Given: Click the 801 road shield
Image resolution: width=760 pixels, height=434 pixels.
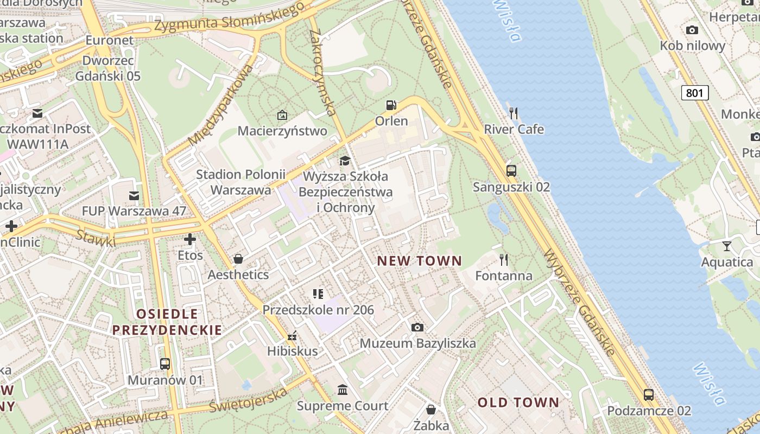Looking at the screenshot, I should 694,93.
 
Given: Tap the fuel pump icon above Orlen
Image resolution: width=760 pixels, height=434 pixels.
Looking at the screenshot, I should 391,105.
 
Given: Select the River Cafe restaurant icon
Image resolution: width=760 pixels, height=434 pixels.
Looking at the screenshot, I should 514,113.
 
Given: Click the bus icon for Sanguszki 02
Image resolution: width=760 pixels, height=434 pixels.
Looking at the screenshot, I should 511,171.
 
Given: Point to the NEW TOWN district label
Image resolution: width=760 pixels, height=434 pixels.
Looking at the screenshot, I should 419,261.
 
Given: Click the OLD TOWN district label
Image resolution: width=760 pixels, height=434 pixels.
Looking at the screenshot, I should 518,403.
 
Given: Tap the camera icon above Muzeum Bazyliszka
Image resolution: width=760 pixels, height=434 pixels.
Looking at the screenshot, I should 417,327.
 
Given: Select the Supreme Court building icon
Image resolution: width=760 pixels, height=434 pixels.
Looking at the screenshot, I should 343,390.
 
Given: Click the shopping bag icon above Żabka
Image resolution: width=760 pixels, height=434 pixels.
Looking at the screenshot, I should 431,409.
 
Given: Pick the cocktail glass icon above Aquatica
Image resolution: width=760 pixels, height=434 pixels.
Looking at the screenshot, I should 727,246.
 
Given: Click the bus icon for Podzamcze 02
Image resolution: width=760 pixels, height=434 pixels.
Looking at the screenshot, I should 649,394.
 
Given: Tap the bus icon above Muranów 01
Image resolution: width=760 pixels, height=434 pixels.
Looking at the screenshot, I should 165,364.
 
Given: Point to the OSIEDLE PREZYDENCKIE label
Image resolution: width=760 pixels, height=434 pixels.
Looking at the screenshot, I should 167,322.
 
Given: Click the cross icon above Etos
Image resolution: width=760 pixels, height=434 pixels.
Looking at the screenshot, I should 190,239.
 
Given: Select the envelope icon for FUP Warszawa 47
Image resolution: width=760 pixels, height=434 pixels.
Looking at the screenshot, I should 134,195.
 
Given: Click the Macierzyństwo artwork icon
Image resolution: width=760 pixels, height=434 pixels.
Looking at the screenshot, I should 282,115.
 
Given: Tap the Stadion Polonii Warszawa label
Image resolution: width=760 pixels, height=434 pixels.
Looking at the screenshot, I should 240,182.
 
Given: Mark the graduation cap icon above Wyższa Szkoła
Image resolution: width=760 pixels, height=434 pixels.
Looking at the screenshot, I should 345,161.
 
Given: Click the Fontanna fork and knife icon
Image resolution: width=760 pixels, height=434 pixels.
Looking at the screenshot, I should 504,260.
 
